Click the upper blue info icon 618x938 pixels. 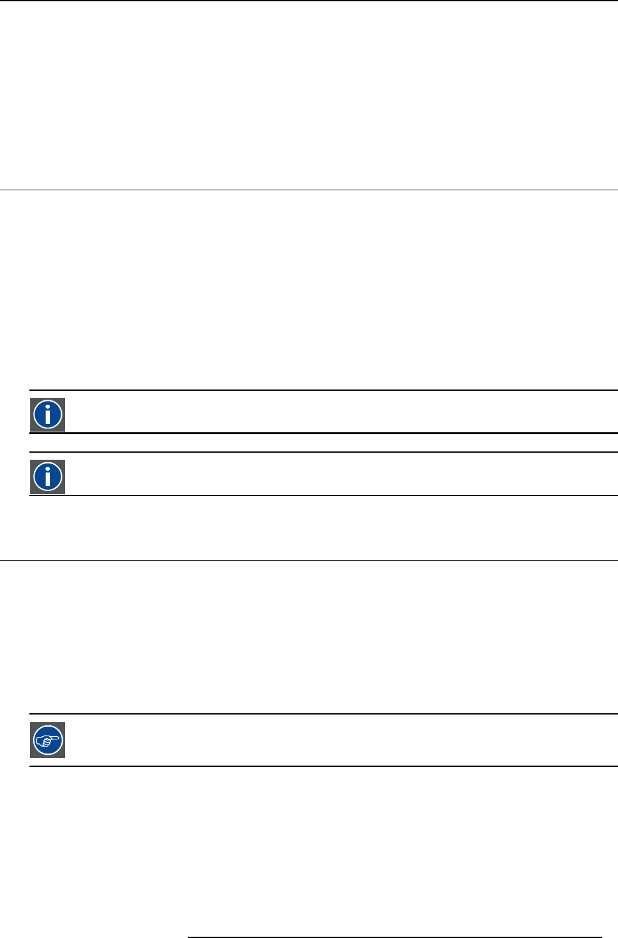48,414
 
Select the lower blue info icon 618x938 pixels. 48,477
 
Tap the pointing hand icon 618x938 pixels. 48,741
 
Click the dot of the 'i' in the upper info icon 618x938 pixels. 48,405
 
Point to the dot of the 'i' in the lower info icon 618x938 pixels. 48,468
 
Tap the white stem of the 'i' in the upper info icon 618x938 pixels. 48,418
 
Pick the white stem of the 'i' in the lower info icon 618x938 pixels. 48,480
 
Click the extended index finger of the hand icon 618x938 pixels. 55,738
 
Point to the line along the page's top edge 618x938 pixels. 309,1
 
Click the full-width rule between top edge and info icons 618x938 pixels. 309,190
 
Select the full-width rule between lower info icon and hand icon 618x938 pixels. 309,560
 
